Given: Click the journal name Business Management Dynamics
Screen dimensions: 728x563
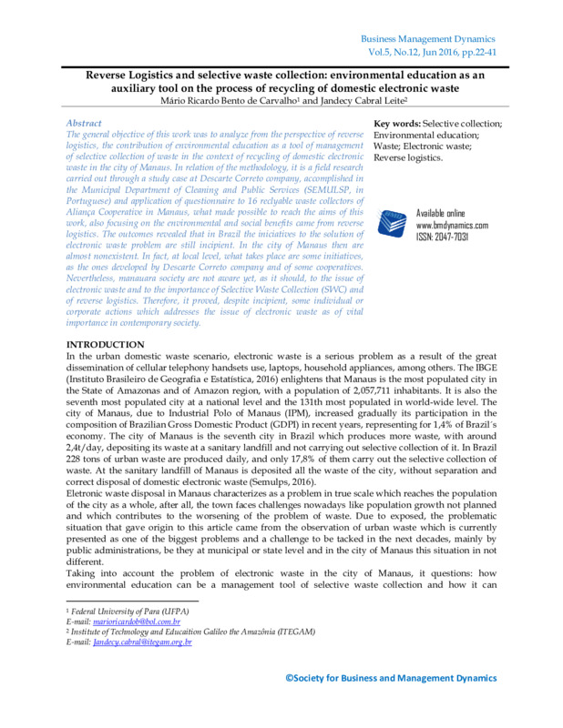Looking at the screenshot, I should click(x=427, y=39).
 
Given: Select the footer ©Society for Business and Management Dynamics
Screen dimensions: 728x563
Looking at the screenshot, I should click(x=391, y=678).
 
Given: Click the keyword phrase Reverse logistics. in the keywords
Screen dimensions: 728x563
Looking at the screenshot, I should click(x=408, y=157).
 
